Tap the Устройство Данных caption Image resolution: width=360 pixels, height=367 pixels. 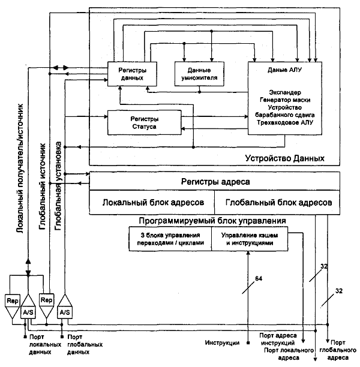(x=284, y=158)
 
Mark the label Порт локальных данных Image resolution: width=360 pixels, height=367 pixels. (x=45, y=345)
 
